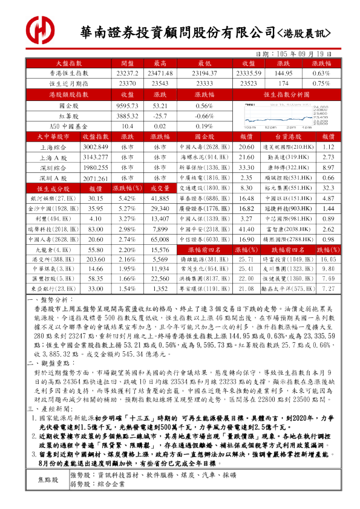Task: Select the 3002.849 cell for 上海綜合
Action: pyautogui.click(x=95, y=147)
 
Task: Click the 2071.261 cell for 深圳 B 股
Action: pyautogui.click(x=95, y=178)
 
